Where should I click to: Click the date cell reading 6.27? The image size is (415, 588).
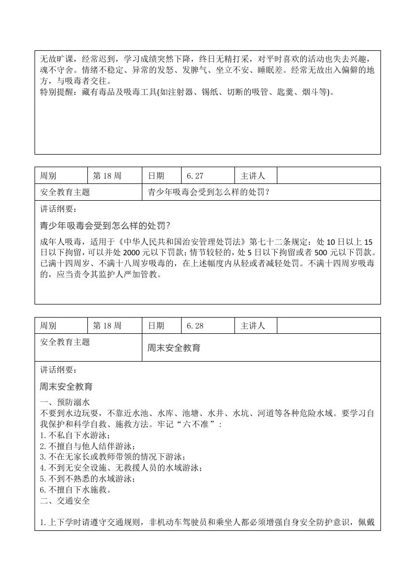[194, 176]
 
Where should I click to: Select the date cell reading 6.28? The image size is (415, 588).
[194, 326]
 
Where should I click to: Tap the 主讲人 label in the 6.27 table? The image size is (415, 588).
[253, 176]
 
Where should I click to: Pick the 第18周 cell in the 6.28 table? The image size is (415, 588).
[107, 326]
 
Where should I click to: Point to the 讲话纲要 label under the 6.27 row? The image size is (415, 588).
[58, 209]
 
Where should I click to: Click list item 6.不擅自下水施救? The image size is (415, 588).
[76, 490]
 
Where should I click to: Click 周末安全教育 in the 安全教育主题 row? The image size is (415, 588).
[174, 347]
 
